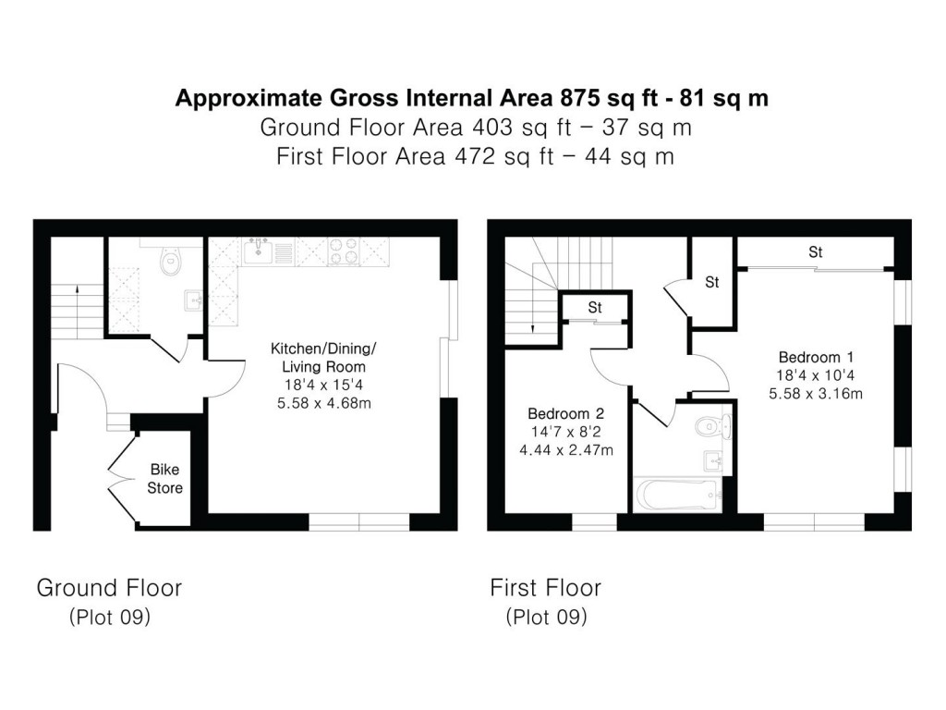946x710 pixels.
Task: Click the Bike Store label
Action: (165, 479)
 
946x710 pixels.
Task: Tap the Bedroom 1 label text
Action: (808, 358)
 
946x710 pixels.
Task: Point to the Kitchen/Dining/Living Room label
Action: (322, 358)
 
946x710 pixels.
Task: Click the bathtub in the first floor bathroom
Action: (680, 493)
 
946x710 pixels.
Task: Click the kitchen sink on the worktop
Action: (260, 251)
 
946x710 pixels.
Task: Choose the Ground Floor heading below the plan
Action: (109, 587)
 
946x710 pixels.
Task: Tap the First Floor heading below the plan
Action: (545, 587)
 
